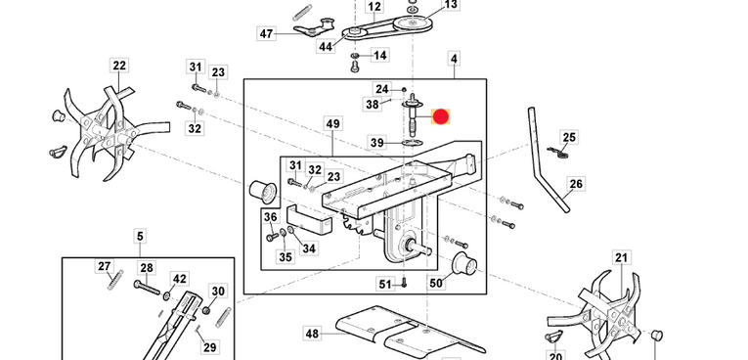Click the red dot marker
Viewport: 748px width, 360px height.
coord(440,117)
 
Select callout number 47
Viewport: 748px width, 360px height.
coord(266,34)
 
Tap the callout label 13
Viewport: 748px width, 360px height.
coord(450,5)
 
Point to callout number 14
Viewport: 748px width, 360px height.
coord(380,55)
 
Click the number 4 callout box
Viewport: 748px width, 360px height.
coord(454,61)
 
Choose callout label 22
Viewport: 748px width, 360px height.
coord(119,67)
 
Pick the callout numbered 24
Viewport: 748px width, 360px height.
coord(382,89)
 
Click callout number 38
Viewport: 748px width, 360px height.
coord(373,105)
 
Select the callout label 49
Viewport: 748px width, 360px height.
coord(332,124)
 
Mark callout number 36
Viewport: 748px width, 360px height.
coord(271,217)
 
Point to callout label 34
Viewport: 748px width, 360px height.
coord(309,248)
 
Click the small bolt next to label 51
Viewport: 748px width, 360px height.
coord(403,285)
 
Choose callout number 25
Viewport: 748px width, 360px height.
coord(569,138)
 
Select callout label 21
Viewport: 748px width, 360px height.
coord(621,258)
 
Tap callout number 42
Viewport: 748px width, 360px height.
coord(179,279)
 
